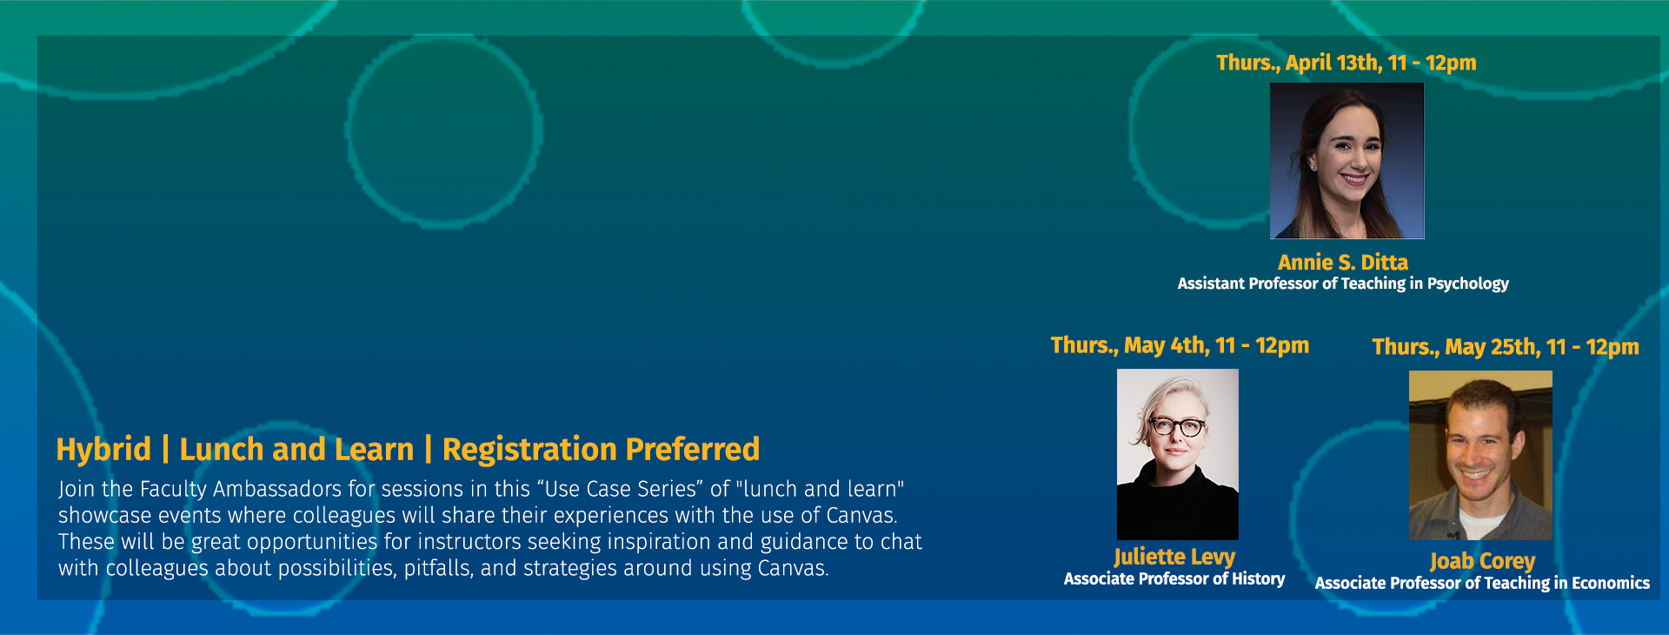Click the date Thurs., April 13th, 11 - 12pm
[1346, 63]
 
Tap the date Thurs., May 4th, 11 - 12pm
[1180, 345]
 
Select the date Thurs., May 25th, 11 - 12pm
[1506, 347]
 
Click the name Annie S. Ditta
[1343, 262]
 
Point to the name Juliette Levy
[1174, 557]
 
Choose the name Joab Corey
[1483, 561]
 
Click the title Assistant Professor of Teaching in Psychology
[1343, 284]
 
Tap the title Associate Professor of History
[1174, 578]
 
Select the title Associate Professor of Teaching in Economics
[1482, 583]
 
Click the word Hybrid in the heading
[103, 450]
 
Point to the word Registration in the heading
[529, 450]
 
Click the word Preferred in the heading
[693, 450]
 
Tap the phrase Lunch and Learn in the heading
[296, 450]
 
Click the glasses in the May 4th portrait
[1178, 426]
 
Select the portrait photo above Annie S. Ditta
[1347, 161]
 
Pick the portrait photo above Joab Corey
[1480, 455]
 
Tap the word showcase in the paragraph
[98, 516]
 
